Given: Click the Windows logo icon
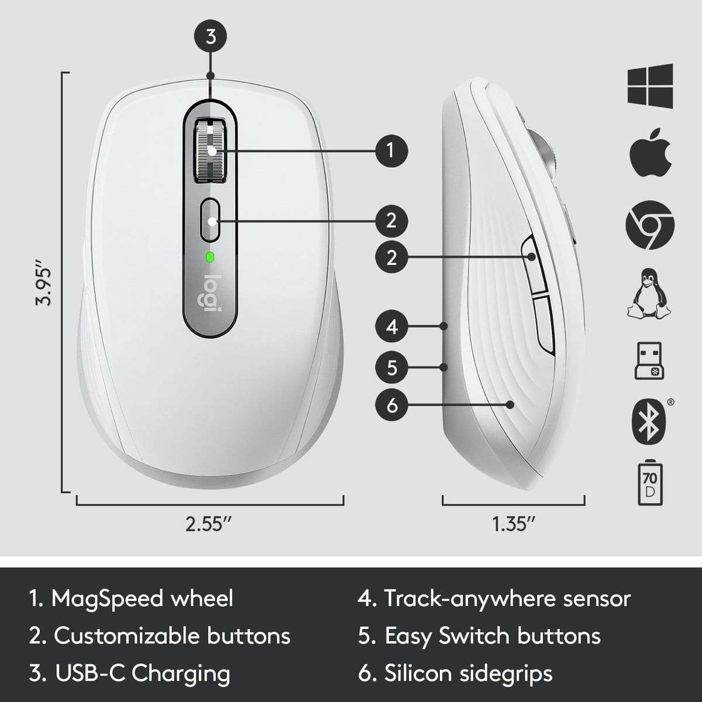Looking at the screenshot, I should [650, 85].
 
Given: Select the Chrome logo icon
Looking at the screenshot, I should [650, 225].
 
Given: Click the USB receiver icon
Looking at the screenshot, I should [649, 360].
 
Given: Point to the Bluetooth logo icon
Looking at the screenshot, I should [648, 422].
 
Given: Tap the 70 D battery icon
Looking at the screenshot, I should [649, 484].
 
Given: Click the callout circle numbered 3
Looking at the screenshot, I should [211, 36].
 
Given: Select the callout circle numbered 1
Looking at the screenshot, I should [391, 151].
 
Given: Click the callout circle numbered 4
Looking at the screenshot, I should [391, 326].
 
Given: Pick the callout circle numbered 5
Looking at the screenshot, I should [391, 367].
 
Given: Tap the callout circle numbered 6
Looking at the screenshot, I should [391, 404].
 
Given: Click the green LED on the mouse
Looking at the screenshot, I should [210, 256].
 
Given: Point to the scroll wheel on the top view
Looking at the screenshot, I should [211, 150].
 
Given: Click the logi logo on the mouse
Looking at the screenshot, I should [211, 293].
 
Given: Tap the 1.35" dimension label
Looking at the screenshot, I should [514, 524].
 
